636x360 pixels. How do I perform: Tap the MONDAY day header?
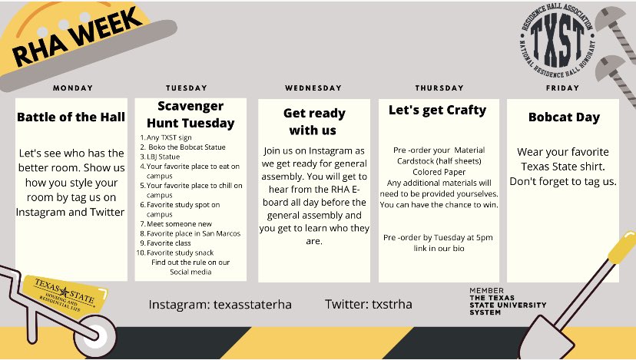tap(72, 88)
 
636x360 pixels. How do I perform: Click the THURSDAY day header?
tap(439, 88)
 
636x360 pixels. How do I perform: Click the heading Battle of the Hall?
tap(71, 117)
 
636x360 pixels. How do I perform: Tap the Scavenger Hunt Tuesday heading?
tap(190, 114)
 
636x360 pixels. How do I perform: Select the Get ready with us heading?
tap(314, 121)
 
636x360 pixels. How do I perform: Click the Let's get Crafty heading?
tap(437, 110)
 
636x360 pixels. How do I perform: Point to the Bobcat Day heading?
tap(564, 117)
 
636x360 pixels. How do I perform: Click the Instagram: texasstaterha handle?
tap(220, 304)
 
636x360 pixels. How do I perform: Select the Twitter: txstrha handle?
tap(369, 304)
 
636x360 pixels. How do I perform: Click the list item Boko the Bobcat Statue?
tap(182, 147)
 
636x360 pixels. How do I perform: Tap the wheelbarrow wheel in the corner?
tap(98, 335)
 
